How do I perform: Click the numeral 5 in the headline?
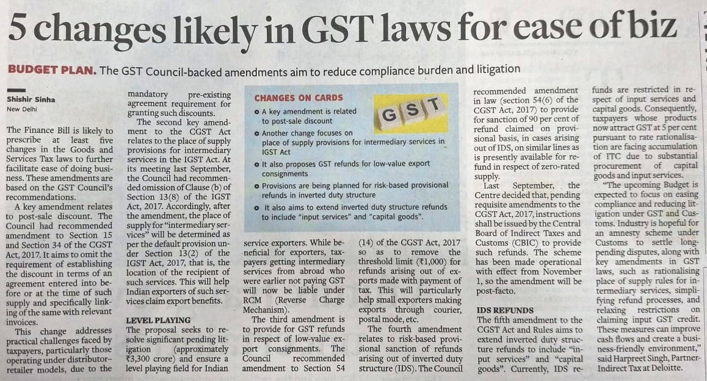click(x=20, y=29)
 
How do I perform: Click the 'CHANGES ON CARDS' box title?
click(x=299, y=98)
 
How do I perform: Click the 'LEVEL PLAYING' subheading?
click(x=158, y=319)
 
